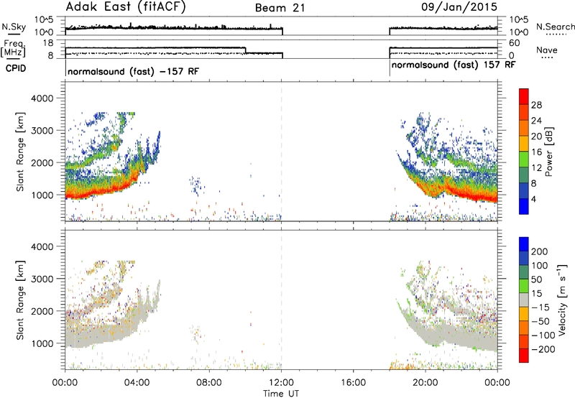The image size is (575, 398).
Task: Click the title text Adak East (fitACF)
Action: [126, 6]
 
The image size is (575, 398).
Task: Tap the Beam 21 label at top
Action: [280, 8]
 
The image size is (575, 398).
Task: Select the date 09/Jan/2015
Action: [459, 6]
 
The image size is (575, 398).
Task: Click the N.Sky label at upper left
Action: [14, 27]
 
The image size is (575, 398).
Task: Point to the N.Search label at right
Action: [556, 27]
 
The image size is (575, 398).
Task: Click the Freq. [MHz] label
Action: [13, 48]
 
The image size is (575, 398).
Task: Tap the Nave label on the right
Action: [546, 50]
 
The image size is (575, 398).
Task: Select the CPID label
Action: [16, 68]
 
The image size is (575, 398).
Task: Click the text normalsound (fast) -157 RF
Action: [134, 71]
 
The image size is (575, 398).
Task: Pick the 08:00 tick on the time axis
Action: [208, 383]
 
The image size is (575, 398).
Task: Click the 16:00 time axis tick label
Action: [353, 383]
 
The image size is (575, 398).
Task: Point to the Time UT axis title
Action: [281, 393]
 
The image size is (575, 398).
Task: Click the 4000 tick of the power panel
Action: [42, 98]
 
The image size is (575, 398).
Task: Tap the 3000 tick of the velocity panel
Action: [42, 279]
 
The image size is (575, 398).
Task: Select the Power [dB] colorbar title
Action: [548, 152]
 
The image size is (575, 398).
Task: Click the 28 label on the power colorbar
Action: [536, 105]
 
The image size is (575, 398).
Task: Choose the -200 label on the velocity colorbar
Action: [543, 349]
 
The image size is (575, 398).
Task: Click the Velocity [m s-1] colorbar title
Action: [562, 300]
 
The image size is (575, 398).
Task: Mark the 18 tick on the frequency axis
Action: [48, 43]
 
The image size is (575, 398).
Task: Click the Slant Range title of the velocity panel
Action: [20, 300]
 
